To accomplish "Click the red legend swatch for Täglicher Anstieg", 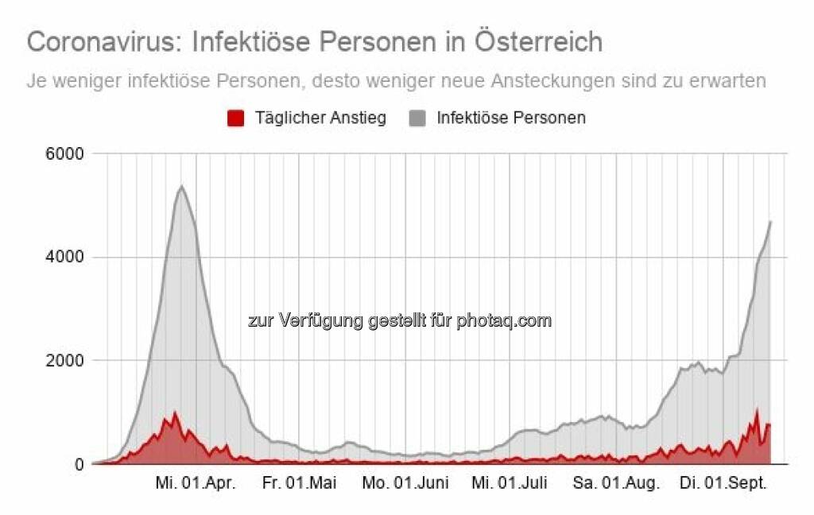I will pyautogui.click(x=235, y=118).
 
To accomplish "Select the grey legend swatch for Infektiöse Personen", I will pyautogui.click(x=417, y=118).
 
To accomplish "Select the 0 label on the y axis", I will pyautogui.click(x=79, y=464).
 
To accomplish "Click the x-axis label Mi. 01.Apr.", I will pyautogui.click(x=196, y=483).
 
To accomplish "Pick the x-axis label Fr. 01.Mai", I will pyautogui.click(x=300, y=483).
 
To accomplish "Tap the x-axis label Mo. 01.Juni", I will pyautogui.click(x=405, y=483).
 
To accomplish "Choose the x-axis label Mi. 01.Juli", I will pyautogui.click(x=510, y=483).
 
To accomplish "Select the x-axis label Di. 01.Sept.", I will pyautogui.click(x=723, y=483).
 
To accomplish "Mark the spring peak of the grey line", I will pyautogui.click(x=181, y=186).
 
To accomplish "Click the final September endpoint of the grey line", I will pyautogui.click(x=770, y=222).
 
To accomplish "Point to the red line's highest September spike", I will pyautogui.click(x=757, y=410).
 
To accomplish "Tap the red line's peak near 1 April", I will pyautogui.click(x=175, y=412).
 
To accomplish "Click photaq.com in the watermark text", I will pyautogui.click(x=503, y=321).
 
